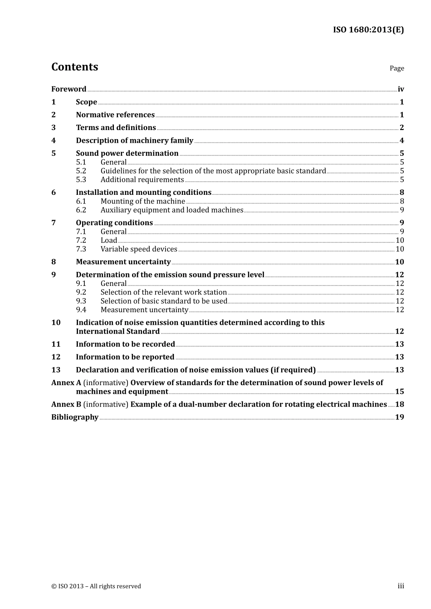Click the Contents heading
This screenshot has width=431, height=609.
click(74, 67)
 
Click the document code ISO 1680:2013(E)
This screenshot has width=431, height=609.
click(368, 30)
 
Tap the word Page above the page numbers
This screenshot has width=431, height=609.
click(397, 68)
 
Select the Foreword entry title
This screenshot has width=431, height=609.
click(69, 89)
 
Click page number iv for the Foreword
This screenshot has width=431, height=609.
click(401, 89)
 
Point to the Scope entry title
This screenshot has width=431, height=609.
click(86, 102)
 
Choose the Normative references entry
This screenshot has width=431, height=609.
click(115, 115)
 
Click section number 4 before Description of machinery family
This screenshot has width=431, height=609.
click(54, 140)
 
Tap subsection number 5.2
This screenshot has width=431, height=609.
click(81, 171)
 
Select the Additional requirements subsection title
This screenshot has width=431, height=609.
click(142, 180)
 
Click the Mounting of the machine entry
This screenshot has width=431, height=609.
click(142, 201)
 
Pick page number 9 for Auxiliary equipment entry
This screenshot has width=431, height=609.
click(402, 210)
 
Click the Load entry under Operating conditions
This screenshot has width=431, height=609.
click(109, 241)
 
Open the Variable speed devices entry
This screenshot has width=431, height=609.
click(139, 249)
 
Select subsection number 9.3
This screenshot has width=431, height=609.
click(81, 301)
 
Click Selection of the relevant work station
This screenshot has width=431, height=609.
click(163, 292)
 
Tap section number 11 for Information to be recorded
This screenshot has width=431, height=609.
click(56, 344)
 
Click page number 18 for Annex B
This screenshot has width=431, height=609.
click(399, 404)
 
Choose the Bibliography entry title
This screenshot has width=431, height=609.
click(75, 417)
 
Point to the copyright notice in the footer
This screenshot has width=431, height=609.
click(96, 586)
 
